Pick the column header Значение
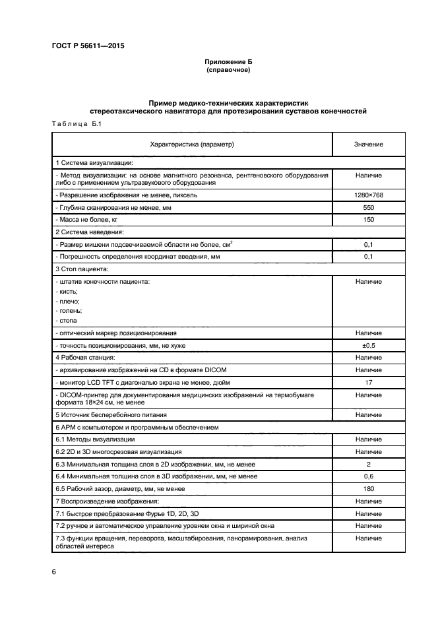point(368,144)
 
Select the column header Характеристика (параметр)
point(192,144)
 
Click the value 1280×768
point(368,195)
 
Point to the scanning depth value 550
point(368,207)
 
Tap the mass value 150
point(368,220)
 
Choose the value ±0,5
point(368,345)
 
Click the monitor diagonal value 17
point(368,382)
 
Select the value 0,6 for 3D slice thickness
point(368,476)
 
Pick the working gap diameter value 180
point(368,488)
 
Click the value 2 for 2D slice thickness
point(368,463)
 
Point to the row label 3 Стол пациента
point(85,269)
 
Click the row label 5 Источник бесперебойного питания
point(111,414)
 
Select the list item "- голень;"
point(69,310)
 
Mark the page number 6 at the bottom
point(53,570)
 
